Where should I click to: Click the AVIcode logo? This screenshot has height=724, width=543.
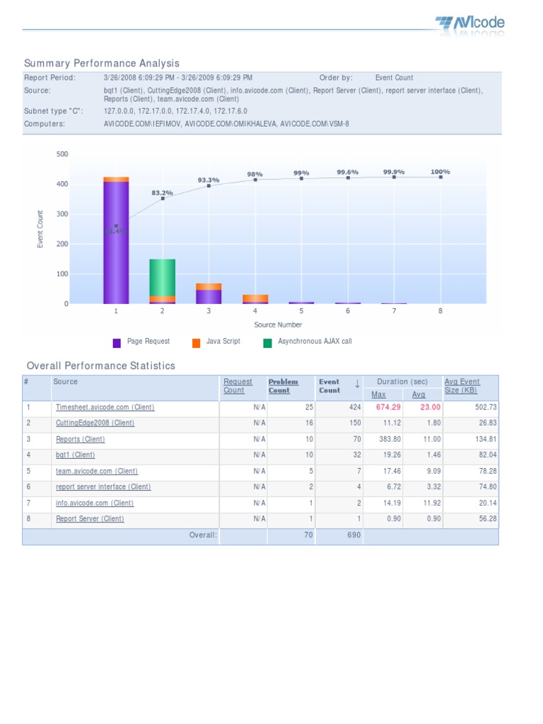pyautogui.click(x=470, y=24)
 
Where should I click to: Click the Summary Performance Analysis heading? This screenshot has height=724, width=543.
pyautogui.click(x=102, y=64)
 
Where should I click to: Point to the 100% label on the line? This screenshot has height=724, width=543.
pyautogui.click(x=440, y=172)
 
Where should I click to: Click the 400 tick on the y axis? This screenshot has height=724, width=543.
pyautogui.click(x=63, y=184)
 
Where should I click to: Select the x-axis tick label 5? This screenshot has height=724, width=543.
pyautogui.click(x=301, y=310)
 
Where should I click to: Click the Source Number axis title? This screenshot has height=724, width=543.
pyautogui.click(x=278, y=325)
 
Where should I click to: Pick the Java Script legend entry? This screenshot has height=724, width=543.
pyautogui.click(x=223, y=341)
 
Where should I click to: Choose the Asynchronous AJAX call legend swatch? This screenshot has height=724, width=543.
pyautogui.click(x=267, y=343)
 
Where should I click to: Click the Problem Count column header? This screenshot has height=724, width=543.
pyautogui.click(x=283, y=386)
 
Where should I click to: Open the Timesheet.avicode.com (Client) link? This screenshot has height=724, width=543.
pyautogui.click(x=105, y=407)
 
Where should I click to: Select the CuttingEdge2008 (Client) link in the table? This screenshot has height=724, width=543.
pyautogui.click(x=95, y=423)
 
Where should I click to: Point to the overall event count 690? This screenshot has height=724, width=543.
pyautogui.click(x=353, y=535)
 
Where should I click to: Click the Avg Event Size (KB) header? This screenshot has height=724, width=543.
pyautogui.click(x=462, y=386)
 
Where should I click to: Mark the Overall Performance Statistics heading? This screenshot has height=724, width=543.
pyautogui.click(x=100, y=366)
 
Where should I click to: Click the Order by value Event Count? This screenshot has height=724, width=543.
pyautogui.click(x=394, y=78)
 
